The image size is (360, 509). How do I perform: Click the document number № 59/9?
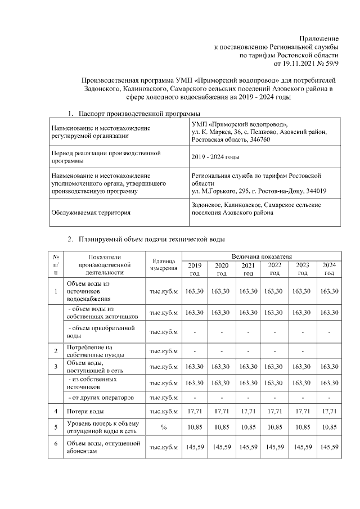[325, 64]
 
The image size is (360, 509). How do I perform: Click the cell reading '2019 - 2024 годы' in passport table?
[215, 157]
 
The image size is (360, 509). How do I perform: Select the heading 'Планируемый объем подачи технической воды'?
[152, 240]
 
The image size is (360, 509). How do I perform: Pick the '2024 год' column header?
[328, 269]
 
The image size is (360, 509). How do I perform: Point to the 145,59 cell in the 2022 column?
[274, 448]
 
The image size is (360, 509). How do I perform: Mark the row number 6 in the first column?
[56, 444]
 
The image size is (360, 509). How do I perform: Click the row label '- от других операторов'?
[102, 398]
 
